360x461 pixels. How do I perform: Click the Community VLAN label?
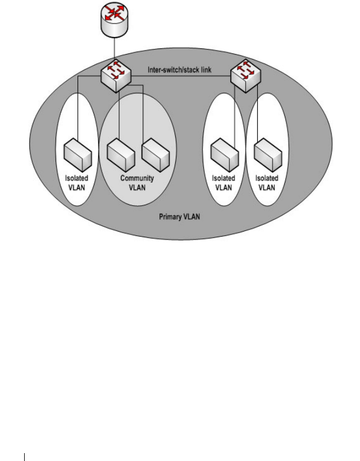click(137, 183)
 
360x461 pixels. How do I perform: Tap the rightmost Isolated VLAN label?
click(267, 183)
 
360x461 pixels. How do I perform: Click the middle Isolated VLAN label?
click(223, 183)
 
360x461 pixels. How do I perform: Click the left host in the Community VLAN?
click(121, 155)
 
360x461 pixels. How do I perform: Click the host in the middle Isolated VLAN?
click(223, 155)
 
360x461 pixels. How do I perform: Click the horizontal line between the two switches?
click(180, 75)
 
